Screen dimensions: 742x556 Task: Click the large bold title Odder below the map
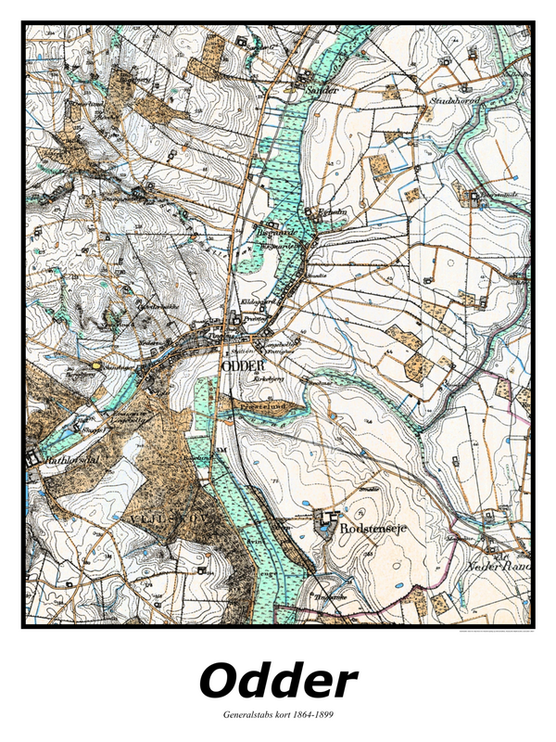coord(278,681)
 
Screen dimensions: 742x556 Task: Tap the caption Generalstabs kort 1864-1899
coord(278,715)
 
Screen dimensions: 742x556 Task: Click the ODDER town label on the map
coord(239,365)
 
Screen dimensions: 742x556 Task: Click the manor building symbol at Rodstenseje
coord(325,521)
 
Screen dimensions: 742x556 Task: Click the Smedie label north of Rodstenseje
coord(370,487)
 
